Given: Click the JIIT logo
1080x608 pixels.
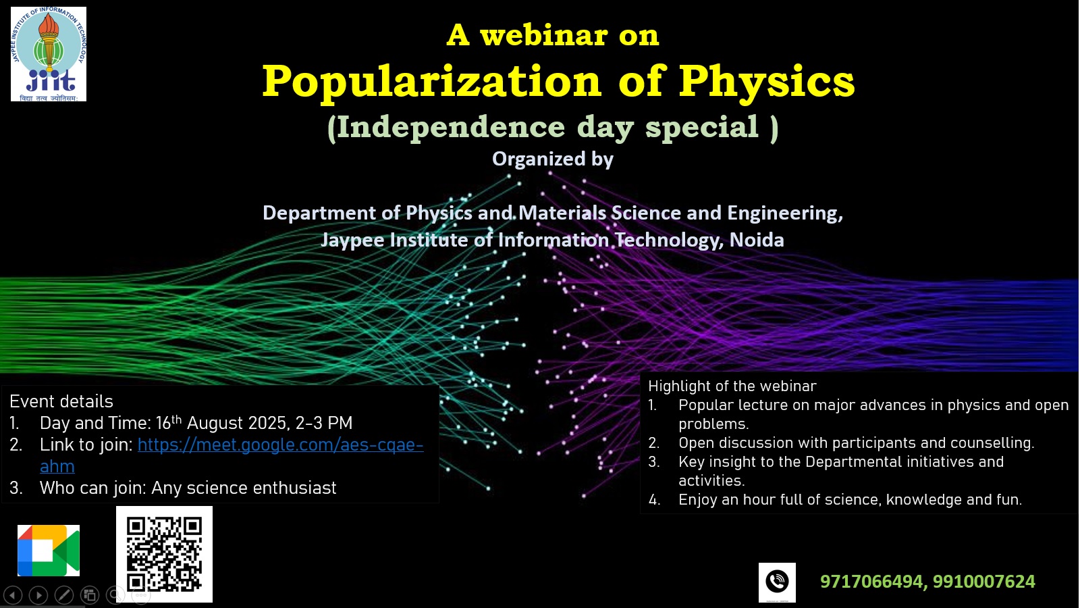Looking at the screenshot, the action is pos(48,54).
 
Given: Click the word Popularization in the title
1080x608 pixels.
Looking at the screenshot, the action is pos(431,82).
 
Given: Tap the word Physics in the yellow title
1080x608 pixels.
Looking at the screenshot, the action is pos(767,82).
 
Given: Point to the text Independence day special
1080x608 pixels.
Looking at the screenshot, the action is pos(553,128).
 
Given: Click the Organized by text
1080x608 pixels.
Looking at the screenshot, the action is pos(553,159).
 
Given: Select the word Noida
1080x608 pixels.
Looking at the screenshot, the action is pos(757,240).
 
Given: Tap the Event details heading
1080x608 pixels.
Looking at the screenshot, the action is pos(61,401).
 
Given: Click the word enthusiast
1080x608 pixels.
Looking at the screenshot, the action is pos(294,488).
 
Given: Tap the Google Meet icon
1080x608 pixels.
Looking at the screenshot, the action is pos(48,551).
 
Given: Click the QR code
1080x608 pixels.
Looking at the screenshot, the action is pos(164,555).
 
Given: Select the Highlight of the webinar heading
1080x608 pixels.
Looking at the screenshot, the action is pos(732,386).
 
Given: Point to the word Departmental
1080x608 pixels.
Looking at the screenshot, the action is pos(853,462).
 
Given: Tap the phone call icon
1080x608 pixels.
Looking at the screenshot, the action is pos(777,582).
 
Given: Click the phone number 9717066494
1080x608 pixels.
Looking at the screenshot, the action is pos(871,582).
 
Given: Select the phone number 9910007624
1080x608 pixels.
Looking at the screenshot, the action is pos(983,582).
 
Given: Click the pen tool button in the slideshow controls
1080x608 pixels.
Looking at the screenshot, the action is pos(64,595).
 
